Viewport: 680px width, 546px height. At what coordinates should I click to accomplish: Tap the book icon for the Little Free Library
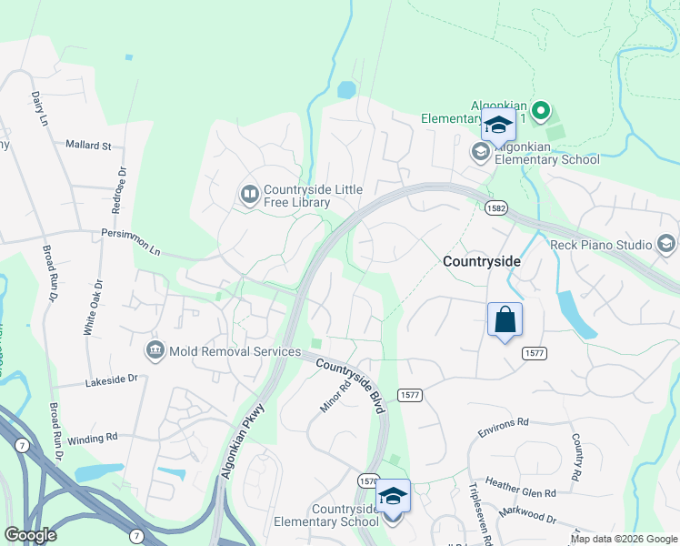pos(248,194)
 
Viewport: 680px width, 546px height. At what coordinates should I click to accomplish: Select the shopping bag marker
pos(505,320)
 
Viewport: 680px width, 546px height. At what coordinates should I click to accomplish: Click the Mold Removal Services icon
pos(155,350)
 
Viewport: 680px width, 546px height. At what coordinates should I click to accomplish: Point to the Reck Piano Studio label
pos(601,245)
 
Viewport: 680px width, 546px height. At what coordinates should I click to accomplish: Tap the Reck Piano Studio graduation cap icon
pos(666,244)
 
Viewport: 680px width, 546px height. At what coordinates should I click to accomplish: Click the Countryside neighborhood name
pos(482,261)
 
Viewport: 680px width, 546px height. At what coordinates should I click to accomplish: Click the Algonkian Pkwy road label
pos(241,440)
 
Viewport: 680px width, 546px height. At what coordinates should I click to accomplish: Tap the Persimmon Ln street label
pos(130,241)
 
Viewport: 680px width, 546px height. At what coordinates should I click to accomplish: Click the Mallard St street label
pos(88,145)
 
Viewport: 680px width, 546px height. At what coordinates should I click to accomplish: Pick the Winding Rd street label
pos(93,438)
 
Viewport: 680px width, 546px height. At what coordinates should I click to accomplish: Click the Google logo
pos(30,535)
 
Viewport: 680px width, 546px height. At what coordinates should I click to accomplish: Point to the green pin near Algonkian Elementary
pos(541,112)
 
